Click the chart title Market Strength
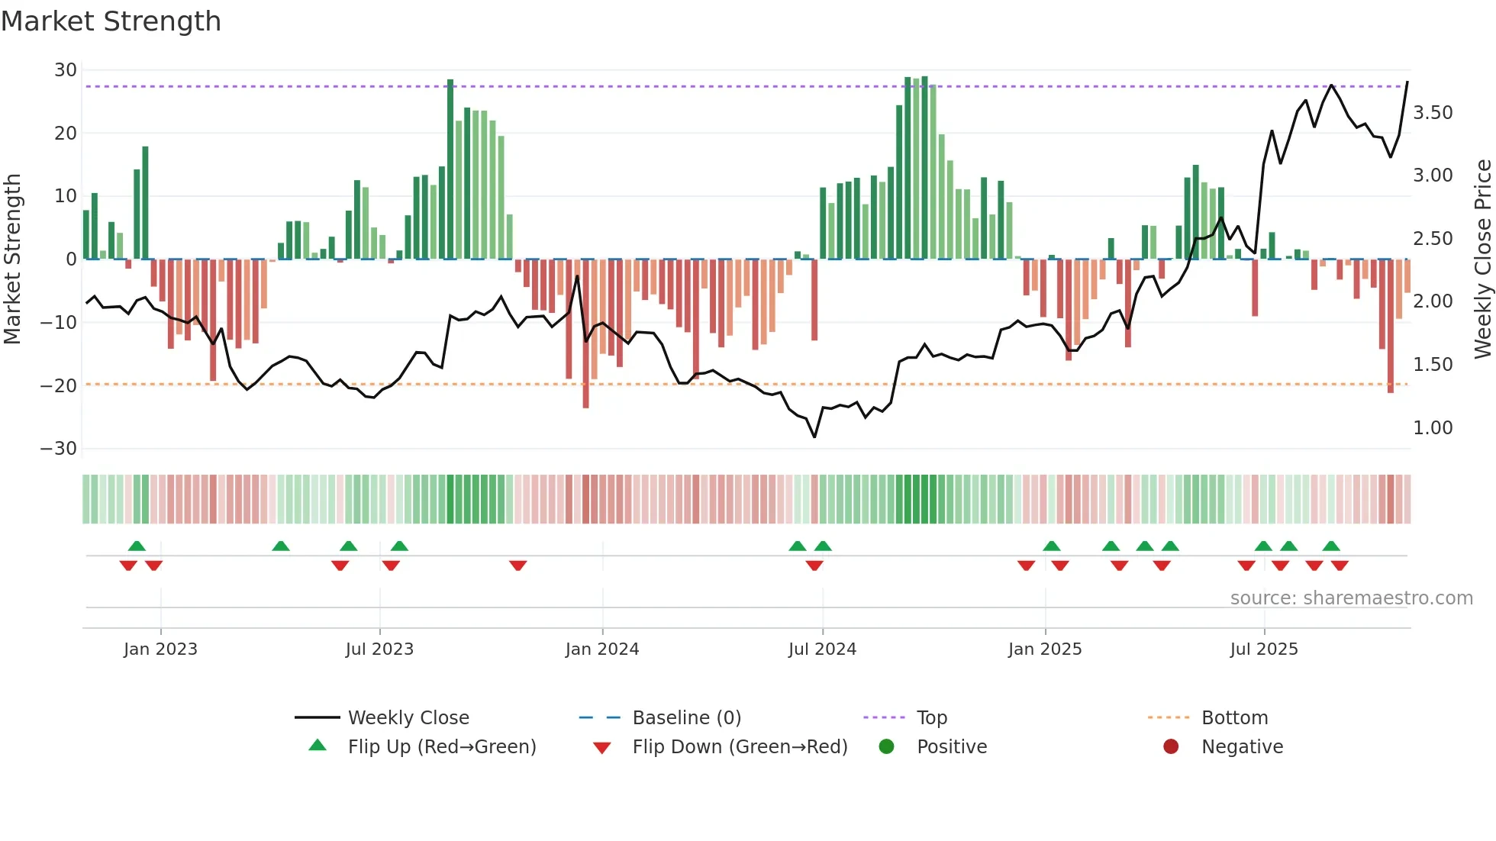pyautogui.click(x=111, y=21)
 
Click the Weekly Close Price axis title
pyautogui.click(x=1482, y=259)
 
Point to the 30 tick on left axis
pyautogui.click(x=66, y=70)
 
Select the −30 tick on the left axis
pyautogui.click(x=59, y=449)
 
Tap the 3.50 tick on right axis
pyautogui.click(x=1433, y=113)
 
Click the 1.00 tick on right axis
pyautogui.click(x=1433, y=428)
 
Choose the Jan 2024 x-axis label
pyautogui.click(x=602, y=649)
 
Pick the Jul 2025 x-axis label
pyautogui.click(x=1264, y=649)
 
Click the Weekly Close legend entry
pyautogui.click(x=408, y=718)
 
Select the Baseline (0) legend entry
pyautogui.click(x=686, y=718)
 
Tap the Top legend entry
pyautogui.click(x=931, y=718)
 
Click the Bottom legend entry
pyautogui.click(x=1234, y=718)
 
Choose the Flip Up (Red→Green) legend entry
pyautogui.click(x=442, y=747)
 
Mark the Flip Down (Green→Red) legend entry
pyautogui.click(x=740, y=747)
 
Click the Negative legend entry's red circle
pyautogui.click(x=1171, y=747)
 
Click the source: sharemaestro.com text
pyautogui.click(x=1351, y=598)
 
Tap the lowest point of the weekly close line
pyautogui.click(x=814, y=437)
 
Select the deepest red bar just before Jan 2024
pyautogui.click(x=585, y=333)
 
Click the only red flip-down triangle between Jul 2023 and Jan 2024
pyautogui.click(x=518, y=565)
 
